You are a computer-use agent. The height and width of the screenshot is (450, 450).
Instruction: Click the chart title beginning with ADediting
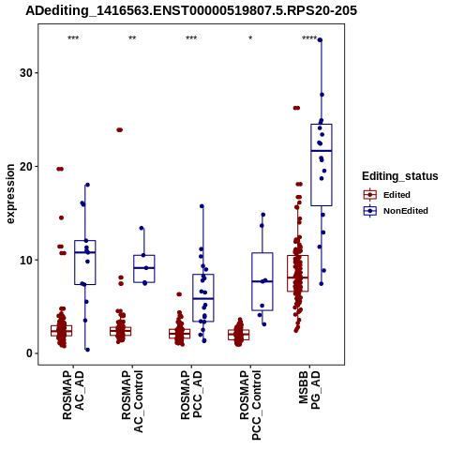tap(191, 11)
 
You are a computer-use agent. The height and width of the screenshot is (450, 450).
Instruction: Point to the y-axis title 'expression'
tap(10, 194)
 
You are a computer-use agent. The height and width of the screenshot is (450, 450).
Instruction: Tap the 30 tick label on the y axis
tap(26, 73)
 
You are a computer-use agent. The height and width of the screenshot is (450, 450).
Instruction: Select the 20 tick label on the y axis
tap(26, 167)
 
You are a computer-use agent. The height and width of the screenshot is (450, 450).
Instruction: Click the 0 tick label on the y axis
tap(29, 353)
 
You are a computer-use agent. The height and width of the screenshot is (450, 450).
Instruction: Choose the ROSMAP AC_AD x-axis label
tap(73, 395)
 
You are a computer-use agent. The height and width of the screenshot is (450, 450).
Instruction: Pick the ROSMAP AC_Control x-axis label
tap(132, 401)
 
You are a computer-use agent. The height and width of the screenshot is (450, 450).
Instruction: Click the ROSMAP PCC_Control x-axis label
tap(250, 405)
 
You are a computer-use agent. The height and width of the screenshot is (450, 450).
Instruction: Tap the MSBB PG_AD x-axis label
tap(309, 390)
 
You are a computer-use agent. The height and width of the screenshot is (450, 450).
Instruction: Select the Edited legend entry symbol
tap(370, 195)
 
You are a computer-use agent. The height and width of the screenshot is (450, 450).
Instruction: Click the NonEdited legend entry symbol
tap(370, 211)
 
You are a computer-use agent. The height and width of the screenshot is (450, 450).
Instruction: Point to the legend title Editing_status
tap(400, 176)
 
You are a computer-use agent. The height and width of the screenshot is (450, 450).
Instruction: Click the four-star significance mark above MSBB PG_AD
tap(309, 38)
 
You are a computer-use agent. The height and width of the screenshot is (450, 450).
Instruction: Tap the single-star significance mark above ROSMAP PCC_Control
tap(250, 38)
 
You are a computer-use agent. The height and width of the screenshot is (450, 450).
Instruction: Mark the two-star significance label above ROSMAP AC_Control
tap(132, 38)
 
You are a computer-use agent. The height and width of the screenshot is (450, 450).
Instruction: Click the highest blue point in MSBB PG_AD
tap(320, 40)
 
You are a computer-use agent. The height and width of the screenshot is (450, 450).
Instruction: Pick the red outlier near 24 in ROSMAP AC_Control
tap(120, 130)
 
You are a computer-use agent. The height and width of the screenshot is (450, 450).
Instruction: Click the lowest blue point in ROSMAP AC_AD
tap(87, 350)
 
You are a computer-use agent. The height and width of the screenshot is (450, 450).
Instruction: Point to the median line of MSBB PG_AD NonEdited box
tap(322, 151)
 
